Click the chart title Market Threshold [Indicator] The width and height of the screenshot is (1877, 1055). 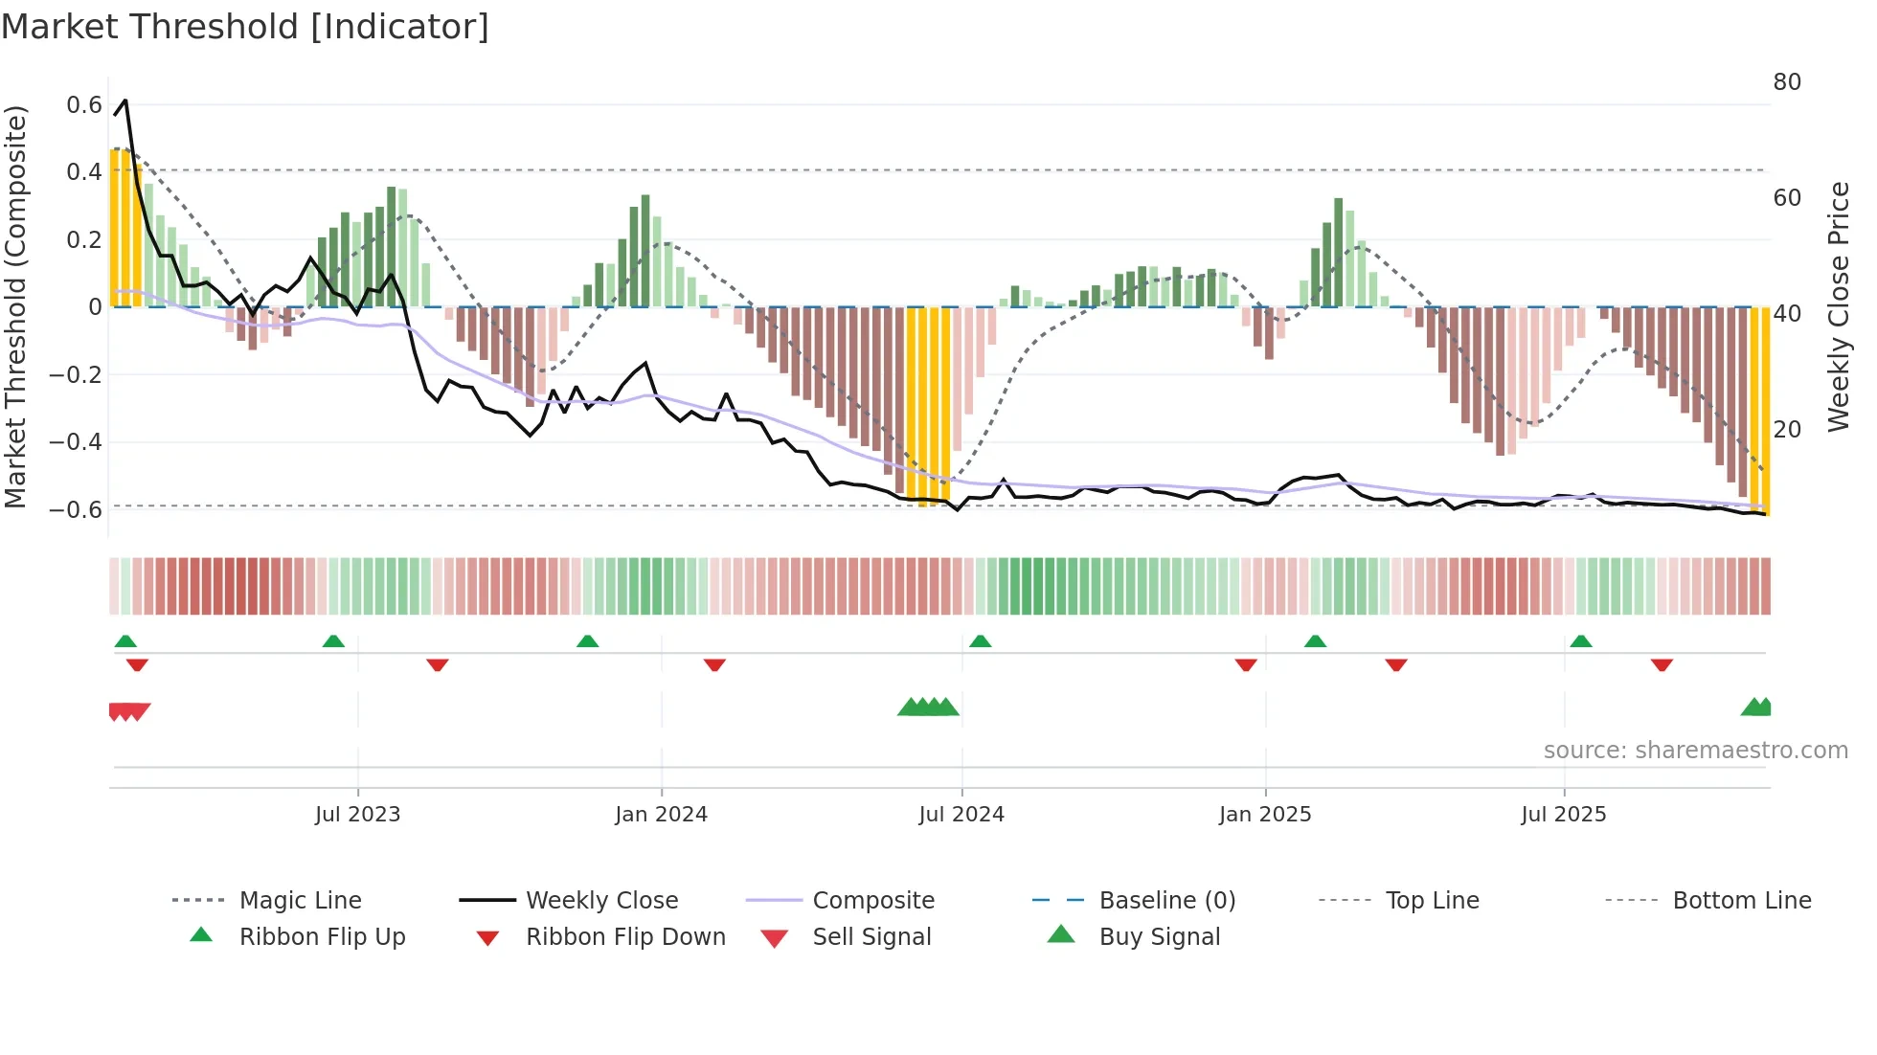245,27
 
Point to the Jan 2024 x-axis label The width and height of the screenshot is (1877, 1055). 661,814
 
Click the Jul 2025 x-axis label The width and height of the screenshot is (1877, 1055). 1563,814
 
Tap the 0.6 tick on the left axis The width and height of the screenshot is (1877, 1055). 84,104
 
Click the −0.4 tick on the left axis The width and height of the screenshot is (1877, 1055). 76,441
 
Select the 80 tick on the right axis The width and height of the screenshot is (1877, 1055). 1787,82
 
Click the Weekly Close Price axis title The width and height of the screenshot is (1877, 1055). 1838,306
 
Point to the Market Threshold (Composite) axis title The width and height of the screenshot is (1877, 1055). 15,306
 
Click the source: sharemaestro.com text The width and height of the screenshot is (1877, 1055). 1695,750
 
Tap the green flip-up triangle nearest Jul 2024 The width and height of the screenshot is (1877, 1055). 980,640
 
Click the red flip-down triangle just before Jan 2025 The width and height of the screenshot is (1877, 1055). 1245,664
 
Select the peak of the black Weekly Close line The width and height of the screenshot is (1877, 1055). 125,100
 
